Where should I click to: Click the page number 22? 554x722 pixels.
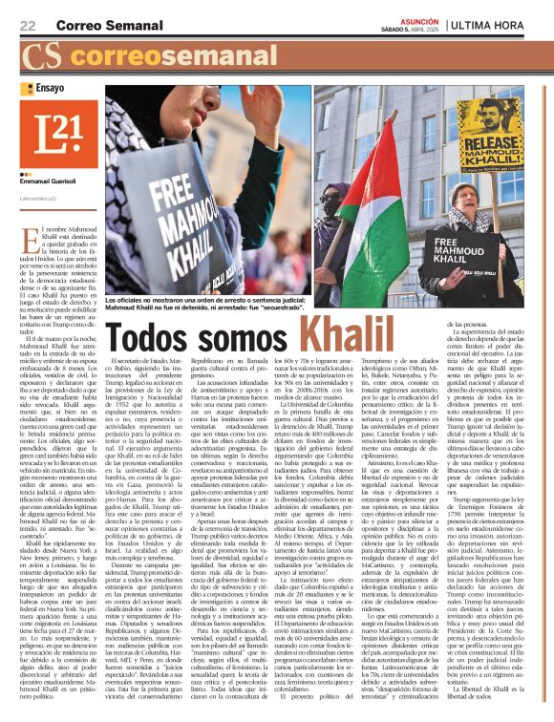28,24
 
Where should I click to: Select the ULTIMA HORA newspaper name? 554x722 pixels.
504,23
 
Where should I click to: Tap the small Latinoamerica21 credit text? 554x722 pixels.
40,198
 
